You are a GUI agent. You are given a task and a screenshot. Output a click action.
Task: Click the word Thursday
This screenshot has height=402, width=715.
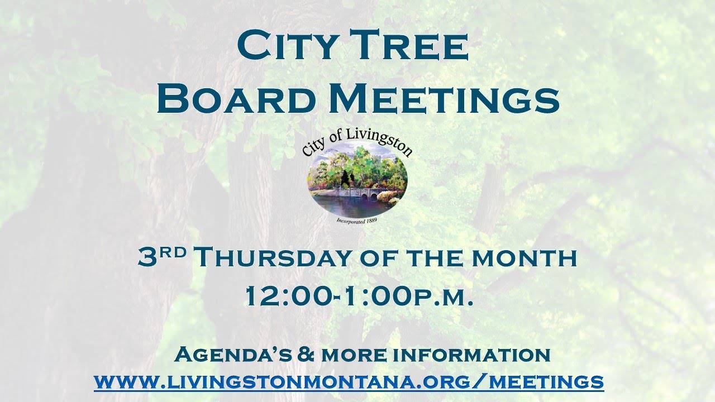(273, 258)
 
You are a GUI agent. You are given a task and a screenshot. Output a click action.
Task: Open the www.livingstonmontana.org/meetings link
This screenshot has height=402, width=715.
(349, 382)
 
